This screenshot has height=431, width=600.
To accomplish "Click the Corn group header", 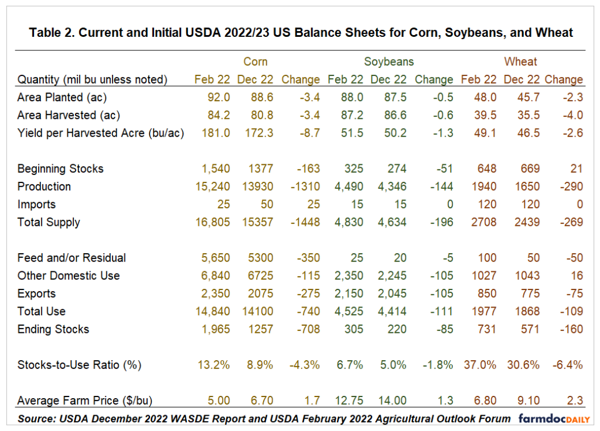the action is (x=255, y=61).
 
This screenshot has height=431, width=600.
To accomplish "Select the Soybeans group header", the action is (x=389, y=61).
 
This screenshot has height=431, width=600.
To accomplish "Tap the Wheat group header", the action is (x=520, y=61).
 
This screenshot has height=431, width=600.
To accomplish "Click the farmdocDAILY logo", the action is (x=554, y=418).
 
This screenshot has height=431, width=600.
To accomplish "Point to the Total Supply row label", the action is (x=49, y=222).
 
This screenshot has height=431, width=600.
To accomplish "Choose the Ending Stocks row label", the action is (x=53, y=329).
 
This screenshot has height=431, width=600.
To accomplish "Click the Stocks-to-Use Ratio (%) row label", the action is (x=79, y=365).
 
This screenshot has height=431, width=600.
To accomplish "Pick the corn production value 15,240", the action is (x=213, y=187).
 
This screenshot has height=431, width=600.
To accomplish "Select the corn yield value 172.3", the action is (x=259, y=133).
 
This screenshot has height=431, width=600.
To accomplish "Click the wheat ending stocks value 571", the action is (x=530, y=329).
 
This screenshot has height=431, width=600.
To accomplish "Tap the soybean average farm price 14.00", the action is (x=392, y=401).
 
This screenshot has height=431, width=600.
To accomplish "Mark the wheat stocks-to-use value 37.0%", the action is (x=480, y=365).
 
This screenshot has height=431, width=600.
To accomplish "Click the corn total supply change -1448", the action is (x=305, y=222).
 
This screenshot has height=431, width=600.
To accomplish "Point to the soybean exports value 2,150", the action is (x=349, y=294).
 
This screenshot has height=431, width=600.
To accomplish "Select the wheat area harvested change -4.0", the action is (x=573, y=115).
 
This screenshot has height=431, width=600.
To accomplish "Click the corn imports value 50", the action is (x=267, y=204).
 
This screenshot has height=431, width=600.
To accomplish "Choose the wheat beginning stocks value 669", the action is (x=530, y=169).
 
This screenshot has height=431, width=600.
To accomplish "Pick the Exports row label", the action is (x=36, y=294).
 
